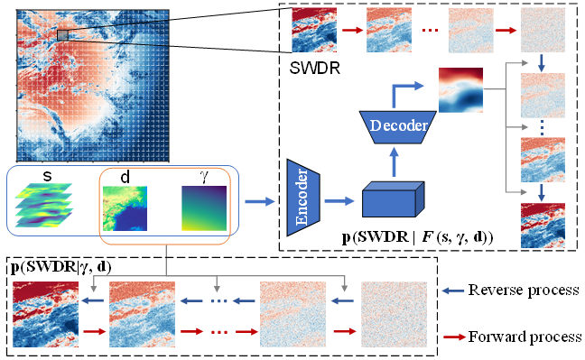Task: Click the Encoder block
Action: pyautogui.click(x=303, y=198)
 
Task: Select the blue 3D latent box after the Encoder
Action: pyautogui.click(x=394, y=199)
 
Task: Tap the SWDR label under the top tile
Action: pyautogui.click(x=314, y=69)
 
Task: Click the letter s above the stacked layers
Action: pyautogui.click(x=47, y=176)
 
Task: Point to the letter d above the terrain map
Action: pyautogui.click(x=125, y=177)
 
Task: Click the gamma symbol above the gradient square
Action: pyautogui.click(x=204, y=177)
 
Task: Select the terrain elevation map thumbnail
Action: pyautogui.click(x=125, y=208)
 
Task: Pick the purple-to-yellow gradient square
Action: pyautogui.click(x=204, y=208)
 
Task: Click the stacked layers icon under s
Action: pyautogui.click(x=43, y=205)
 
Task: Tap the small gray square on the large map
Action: pyautogui.click(x=62, y=35)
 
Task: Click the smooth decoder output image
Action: pyautogui.click(x=460, y=90)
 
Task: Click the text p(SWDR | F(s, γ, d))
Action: pyautogui.click(x=417, y=237)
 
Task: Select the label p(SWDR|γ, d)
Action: pyautogui.click(x=61, y=267)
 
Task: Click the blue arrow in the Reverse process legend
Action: pyautogui.click(x=453, y=291)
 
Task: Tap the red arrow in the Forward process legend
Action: pyautogui.click(x=454, y=337)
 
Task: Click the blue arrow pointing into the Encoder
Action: pyautogui.click(x=260, y=201)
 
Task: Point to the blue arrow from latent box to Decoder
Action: pyautogui.click(x=394, y=162)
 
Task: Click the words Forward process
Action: pyautogui.click(x=525, y=337)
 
